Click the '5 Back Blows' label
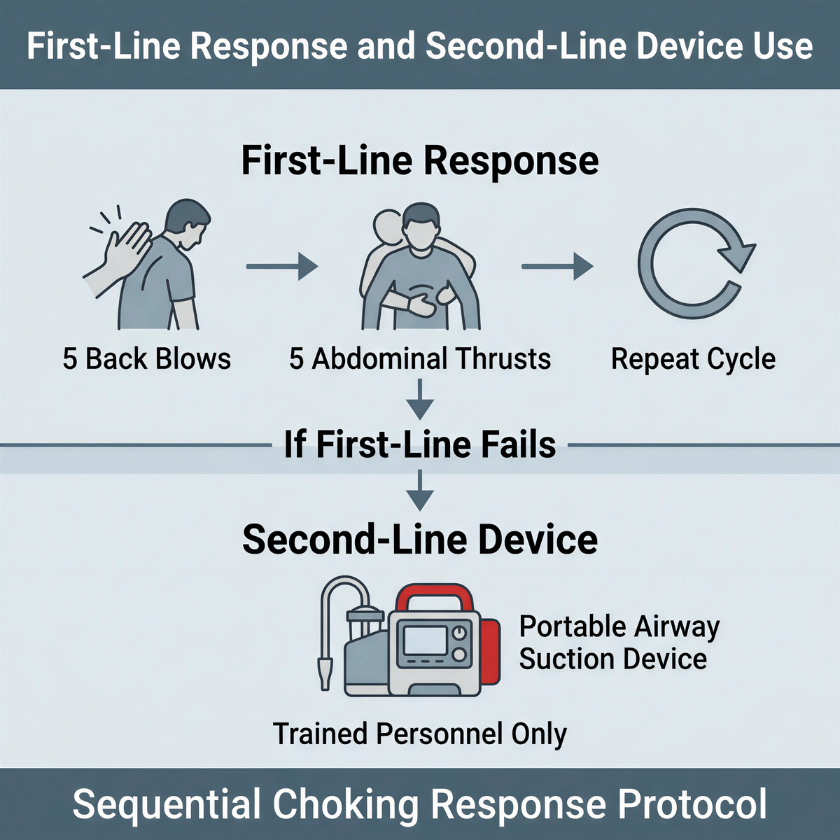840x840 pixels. pos(146,359)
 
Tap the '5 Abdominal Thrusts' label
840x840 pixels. pos(420,359)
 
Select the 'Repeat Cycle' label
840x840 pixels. pos(693,359)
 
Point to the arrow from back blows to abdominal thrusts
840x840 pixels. pos(281,266)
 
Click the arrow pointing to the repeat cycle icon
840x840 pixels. pos(557,266)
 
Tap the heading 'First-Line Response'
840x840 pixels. pos(420,161)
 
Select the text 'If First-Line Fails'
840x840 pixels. pos(420,444)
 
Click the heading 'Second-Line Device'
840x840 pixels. pos(420,540)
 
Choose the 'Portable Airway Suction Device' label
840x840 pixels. pos(619,643)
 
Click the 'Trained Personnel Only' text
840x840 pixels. pos(420,734)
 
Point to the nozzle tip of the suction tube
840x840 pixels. pos(325,675)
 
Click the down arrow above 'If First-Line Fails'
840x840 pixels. pos(420,400)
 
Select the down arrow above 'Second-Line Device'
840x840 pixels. pos(420,491)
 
